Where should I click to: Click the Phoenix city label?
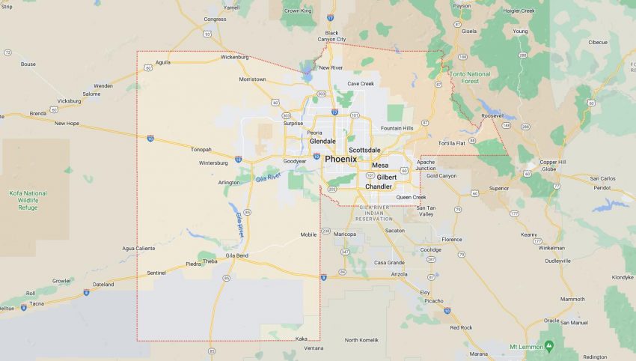(x=340, y=159)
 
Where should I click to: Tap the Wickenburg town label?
(x=235, y=57)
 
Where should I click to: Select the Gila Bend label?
(x=236, y=255)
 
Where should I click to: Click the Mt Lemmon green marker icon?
(x=549, y=345)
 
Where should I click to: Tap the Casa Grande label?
(x=389, y=262)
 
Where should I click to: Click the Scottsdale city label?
(x=364, y=150)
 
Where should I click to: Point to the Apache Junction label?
(x=426, y=165)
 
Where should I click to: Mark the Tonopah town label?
(x=201, y=149)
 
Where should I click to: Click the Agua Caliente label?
(x=138, y=248)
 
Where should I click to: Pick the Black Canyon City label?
(x=331, y=36)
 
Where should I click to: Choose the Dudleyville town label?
(x=558, y=260)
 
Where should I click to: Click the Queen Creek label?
(x=411, y=197)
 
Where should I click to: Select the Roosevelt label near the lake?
(x=493, y=116)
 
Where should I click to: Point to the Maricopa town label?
(x=345, y=234)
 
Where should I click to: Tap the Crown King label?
(x=298, y=11)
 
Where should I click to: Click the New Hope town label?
(x=67, y=123)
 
